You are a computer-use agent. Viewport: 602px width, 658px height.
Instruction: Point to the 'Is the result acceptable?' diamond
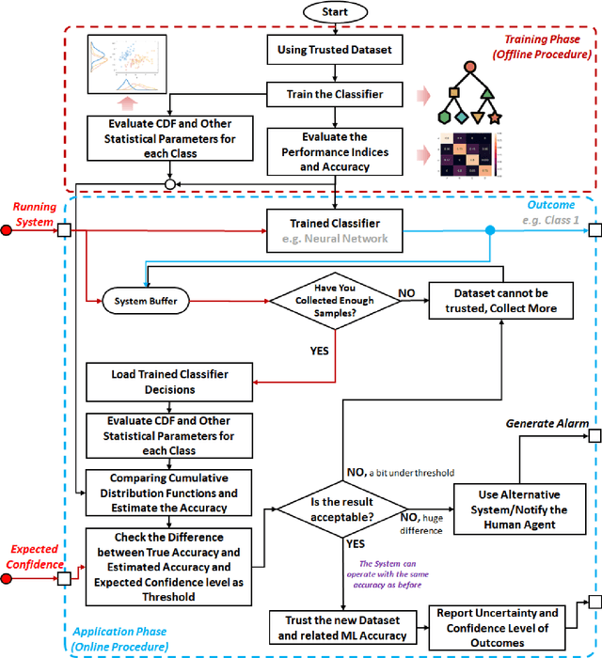pos(340,510)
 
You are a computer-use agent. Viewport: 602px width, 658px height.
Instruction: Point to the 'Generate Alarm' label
pos(545,423)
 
